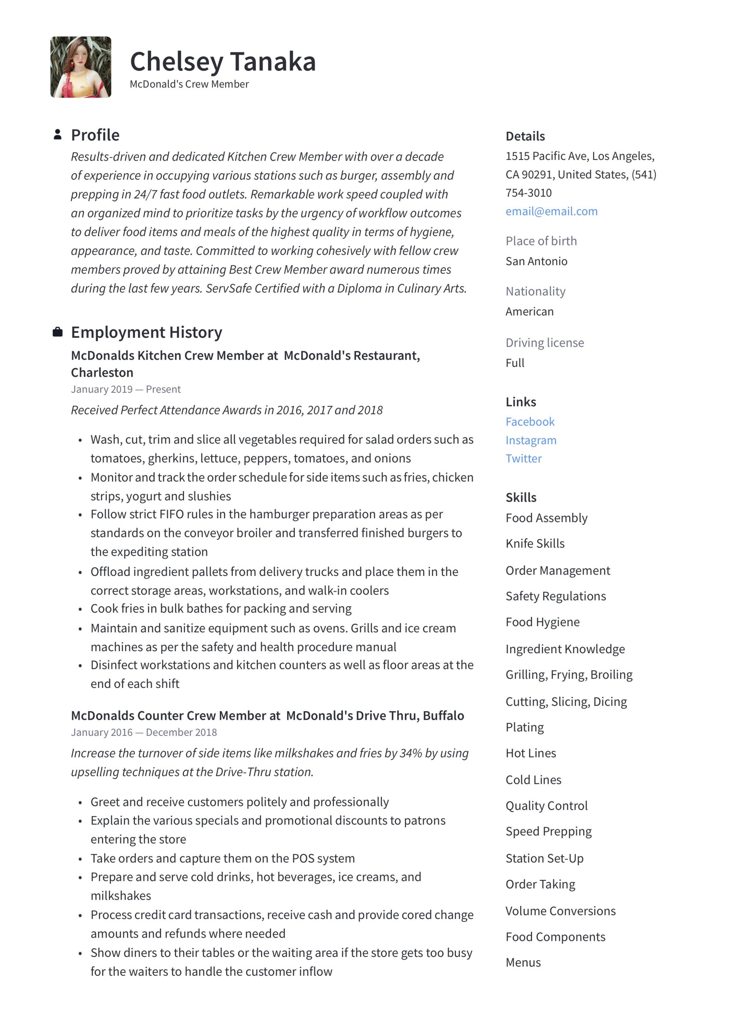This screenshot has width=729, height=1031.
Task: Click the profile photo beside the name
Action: [x=81, y=67]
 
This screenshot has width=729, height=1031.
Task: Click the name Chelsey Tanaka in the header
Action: [x=223, y=62]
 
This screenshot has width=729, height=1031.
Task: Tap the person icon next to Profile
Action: [x=58, y=134]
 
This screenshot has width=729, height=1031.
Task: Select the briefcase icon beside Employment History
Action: [x=58, y=332]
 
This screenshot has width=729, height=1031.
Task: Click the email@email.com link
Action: [x=551, y=211]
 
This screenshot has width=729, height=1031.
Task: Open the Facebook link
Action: [x=530, y=422]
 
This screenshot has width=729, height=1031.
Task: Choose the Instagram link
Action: [x=530, y=440]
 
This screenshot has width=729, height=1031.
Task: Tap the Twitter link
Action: [x=523, y=458]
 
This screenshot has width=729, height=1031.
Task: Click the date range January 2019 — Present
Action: [x=126, y=389]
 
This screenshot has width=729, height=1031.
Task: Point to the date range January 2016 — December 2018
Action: [x=144, y=733]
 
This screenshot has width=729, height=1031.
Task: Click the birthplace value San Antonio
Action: [x=536, y=261]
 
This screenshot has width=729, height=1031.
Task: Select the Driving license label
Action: [x=545, y=343]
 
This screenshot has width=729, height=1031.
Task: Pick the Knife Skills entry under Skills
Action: [x=534, y=543]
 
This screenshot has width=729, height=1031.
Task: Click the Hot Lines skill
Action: [x=530, y=753]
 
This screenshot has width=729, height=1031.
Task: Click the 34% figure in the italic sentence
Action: [x=410, y=753]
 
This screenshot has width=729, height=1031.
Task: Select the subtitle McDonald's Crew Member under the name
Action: [x=189, y=84]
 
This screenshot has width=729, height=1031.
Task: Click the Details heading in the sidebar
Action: [x=525, y=136]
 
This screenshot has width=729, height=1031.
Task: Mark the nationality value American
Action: [x=529, y=312]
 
